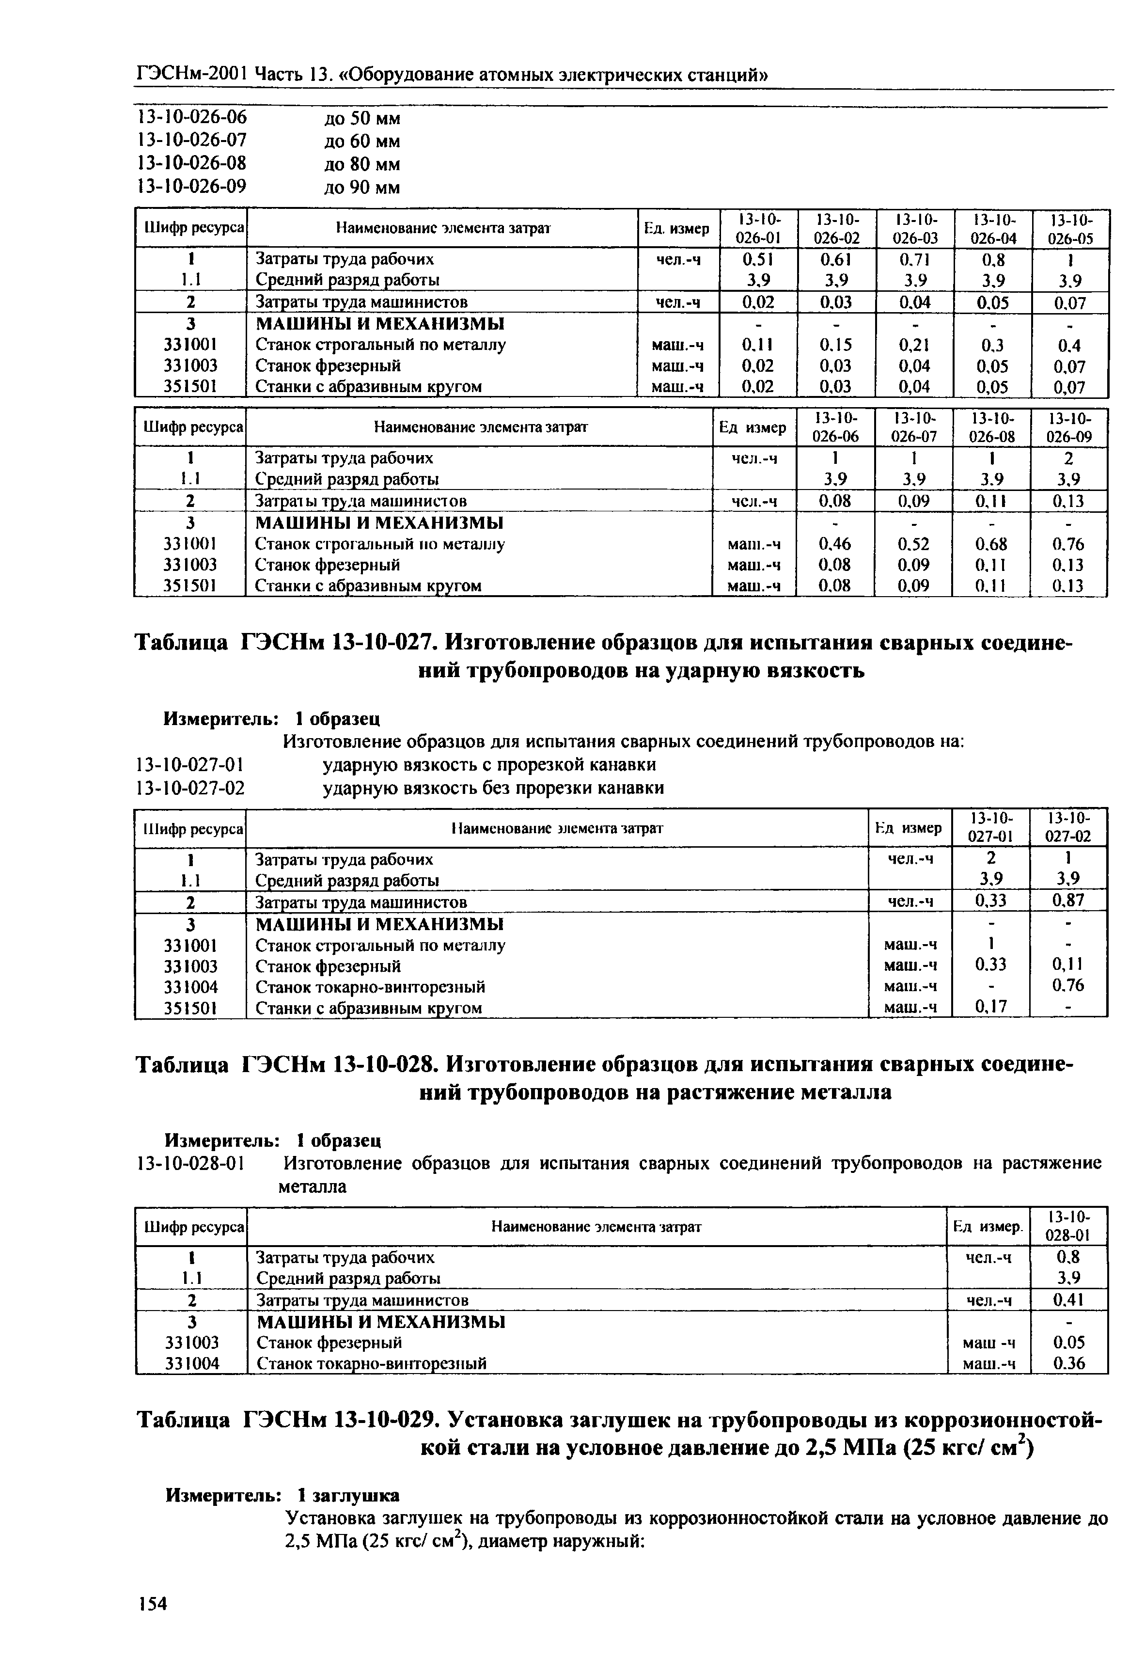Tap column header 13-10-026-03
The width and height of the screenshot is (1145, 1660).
[x=913, y=228]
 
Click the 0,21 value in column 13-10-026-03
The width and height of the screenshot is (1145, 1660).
[x=913, y=345]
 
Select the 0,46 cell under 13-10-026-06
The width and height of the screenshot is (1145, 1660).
[x=835, y=544]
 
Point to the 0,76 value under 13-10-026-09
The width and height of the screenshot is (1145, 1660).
[x=1068, y=544]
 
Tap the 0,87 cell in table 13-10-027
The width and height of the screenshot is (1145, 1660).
[x=1068, y=901]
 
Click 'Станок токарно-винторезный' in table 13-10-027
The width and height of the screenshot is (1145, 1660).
[x=370, y=987]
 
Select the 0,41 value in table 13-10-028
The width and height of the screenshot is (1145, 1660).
[x=1068, y=1300]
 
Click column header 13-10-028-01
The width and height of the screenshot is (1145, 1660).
[x=1068, y=1226]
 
